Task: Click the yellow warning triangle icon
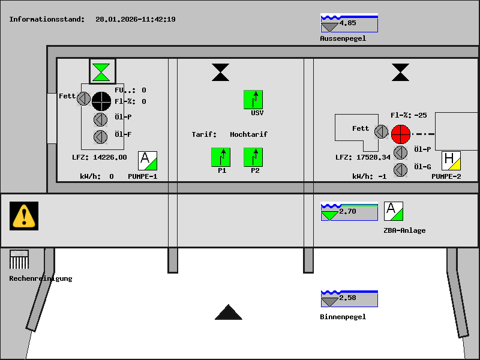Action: click(x=24, y=215)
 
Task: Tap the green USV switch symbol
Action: click(x=253, y=100)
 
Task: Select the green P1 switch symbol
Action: click(x=221, y=157)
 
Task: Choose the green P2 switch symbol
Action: click(x=253, y=157)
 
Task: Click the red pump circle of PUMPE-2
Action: click(x=400, y=134)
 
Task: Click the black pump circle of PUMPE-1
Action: click(x=101, y=101)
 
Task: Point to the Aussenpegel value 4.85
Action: click(x=348, y=23)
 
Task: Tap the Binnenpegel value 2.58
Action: click(x=348, y=298)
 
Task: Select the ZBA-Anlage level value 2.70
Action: click(x=348, y=211)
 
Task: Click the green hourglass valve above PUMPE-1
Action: click(x=103, y=71)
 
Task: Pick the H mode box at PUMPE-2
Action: click(x=451, y=161)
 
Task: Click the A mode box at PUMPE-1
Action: click(x=148, y=161)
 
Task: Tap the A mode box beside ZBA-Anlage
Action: click(x=394, y=211)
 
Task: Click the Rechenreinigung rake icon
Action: click(x=19, y=260)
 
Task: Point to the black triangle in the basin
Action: click(x=229, y=313)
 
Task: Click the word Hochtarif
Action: click(x=248, y=134)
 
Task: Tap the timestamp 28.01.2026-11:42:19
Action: click(x=136, y=19)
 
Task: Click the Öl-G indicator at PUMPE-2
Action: click(x=401, y=170)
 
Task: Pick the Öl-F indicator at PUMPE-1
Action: click(x=101, y=137)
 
